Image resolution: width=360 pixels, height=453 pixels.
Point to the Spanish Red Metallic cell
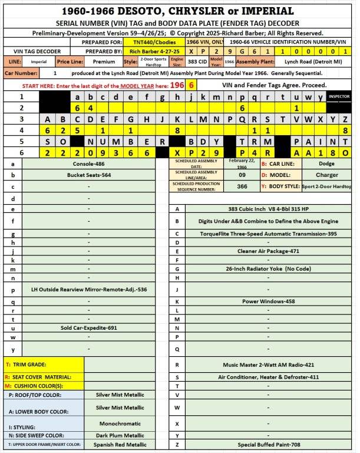(122, 445)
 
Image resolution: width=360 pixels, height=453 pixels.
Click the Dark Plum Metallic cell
(122, 435)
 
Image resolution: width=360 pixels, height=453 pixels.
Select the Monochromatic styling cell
(122, 423)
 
